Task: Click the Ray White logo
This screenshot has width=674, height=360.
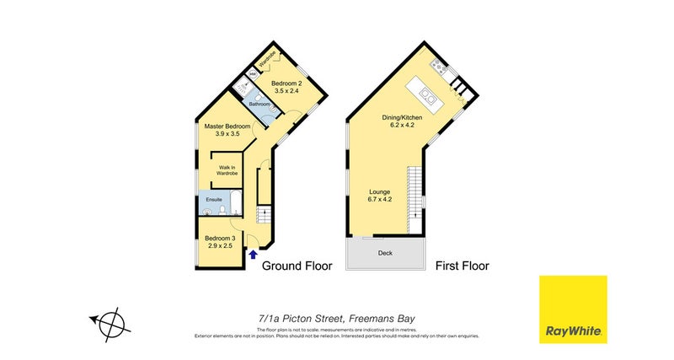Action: click(573, 309)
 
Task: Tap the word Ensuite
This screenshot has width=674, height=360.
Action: click(212, 200)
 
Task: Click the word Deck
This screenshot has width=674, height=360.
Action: click(385, 252)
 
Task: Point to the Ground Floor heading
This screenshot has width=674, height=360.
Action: click(297, 266)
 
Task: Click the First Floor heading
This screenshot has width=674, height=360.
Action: click(462, 266)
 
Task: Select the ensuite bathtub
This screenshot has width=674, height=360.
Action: click(235, 202)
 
